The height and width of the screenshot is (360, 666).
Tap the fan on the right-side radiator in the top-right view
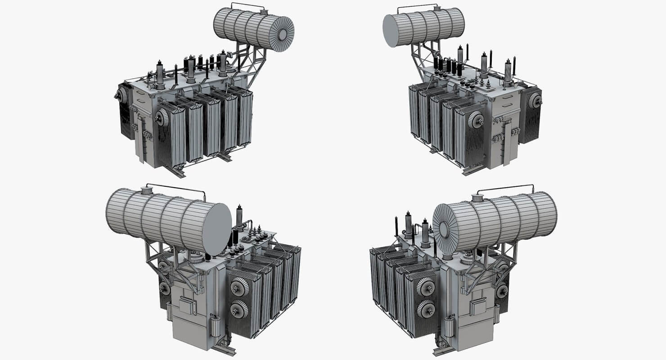536,101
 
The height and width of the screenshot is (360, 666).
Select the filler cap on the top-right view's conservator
436,8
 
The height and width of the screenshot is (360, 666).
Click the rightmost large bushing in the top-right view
508,71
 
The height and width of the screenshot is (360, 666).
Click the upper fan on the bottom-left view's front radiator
239,288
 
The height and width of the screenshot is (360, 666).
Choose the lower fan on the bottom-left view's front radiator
239,309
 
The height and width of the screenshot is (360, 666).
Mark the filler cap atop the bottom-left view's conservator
147,190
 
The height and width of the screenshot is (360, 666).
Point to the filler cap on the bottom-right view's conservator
478,198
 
